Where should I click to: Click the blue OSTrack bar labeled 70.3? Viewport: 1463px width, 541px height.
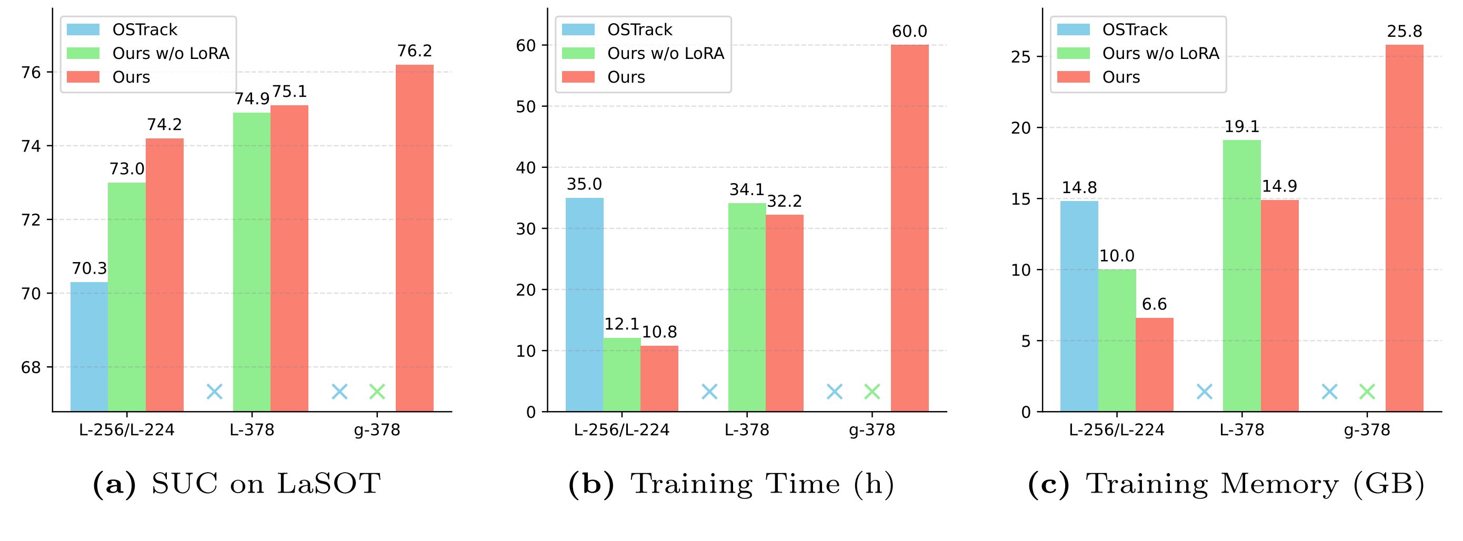pyautogui.click(x=89, y=346)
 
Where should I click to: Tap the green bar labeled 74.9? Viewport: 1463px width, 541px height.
pyautogui.click(x=252, y=261)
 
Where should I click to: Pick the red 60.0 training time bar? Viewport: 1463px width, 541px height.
pyautogui.click(x=909, y=227)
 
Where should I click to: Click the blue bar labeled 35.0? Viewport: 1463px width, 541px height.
pyautogui.click(x=584, y=304)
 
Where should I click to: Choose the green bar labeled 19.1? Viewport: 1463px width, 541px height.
pyautogui.click(x=1241, y=275)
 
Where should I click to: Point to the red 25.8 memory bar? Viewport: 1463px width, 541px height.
pyautogui.click(x=1404, y=227)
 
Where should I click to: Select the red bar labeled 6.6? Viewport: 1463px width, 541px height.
pyautogui.click(x=1154, y=365)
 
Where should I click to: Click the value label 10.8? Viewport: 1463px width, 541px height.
pyautogui.click(x=659, y=332)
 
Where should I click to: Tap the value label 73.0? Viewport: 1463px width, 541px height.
pyautogui.click(x=127, y=169)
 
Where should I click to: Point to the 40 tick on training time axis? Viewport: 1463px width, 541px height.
pyautogui.click(x=526, y=168)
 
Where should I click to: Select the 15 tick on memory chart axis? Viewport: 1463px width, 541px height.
pyautogui.click(x=1020, y=199)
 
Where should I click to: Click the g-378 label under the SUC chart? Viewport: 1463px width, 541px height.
pyautogui.click(x=377, y=430)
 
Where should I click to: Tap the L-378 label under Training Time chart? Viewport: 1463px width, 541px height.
pyautogui.click(x=746, y=430)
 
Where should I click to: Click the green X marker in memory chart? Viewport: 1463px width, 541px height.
pyautogui.click(x=1367, y=392)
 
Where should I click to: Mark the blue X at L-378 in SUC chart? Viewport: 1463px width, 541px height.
pyautogui.click(x=214, y=392)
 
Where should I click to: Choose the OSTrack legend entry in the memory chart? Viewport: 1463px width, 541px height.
pyautogui.click(x=1134, y=29)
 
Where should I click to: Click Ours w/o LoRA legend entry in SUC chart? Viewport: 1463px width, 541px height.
pyautogui.click(x=171, y=53)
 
